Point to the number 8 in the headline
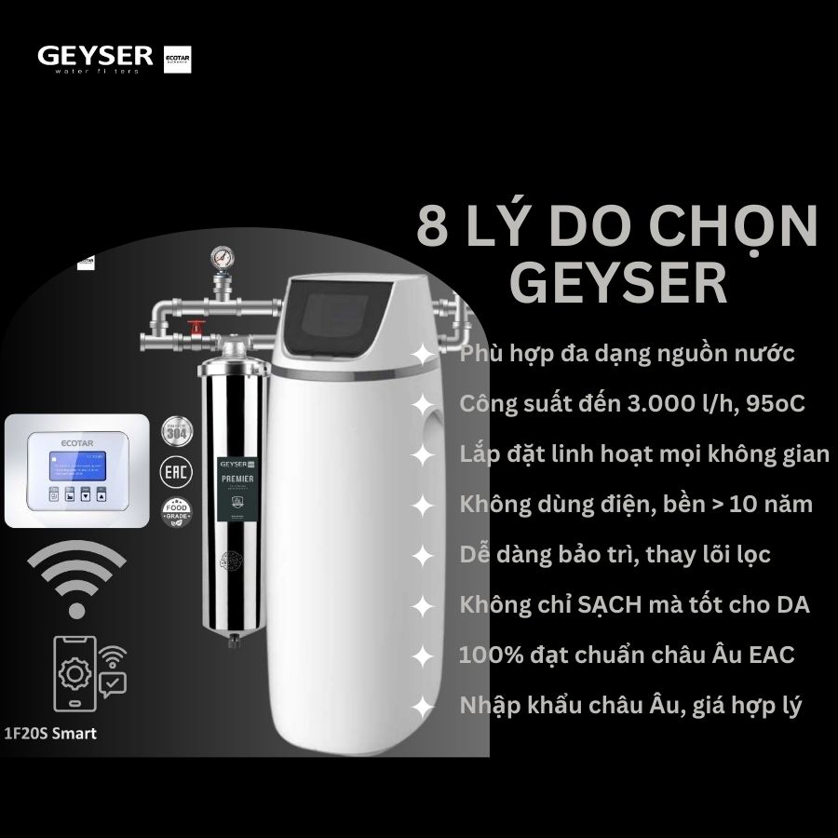point(432,228)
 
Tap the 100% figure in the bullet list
point(484,655)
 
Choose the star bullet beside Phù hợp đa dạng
point(423,355)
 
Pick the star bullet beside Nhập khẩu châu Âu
point(423,707)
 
